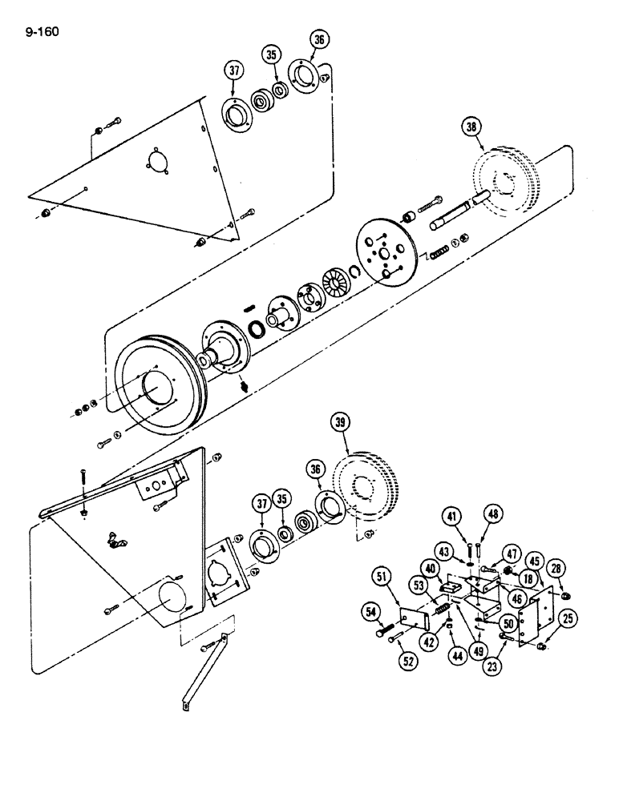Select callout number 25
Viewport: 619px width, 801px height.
(568, 618)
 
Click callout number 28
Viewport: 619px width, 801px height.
(556, 568)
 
